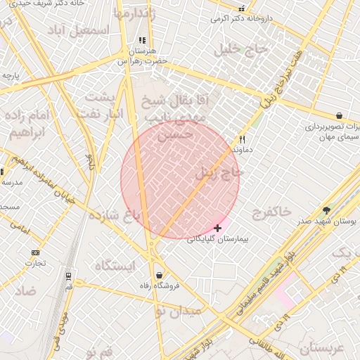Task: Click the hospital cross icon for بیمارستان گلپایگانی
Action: click(218, 228)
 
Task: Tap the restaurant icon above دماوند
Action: click(243, 139)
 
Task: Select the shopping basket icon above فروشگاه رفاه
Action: click(160, 275)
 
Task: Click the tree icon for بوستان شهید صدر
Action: click(326, 210)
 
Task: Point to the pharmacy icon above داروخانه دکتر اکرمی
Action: click(242, 9)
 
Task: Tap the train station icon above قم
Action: click(68, 276)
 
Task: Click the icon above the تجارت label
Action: click(36, 252)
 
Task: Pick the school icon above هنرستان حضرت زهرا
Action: click(143, 41)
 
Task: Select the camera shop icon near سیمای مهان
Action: click(340, 116)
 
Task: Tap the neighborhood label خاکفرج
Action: click(270, 210)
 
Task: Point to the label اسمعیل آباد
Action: click(79, 30)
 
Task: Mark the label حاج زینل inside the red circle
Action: click(226, 171)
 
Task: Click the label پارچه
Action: click(10, 75)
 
